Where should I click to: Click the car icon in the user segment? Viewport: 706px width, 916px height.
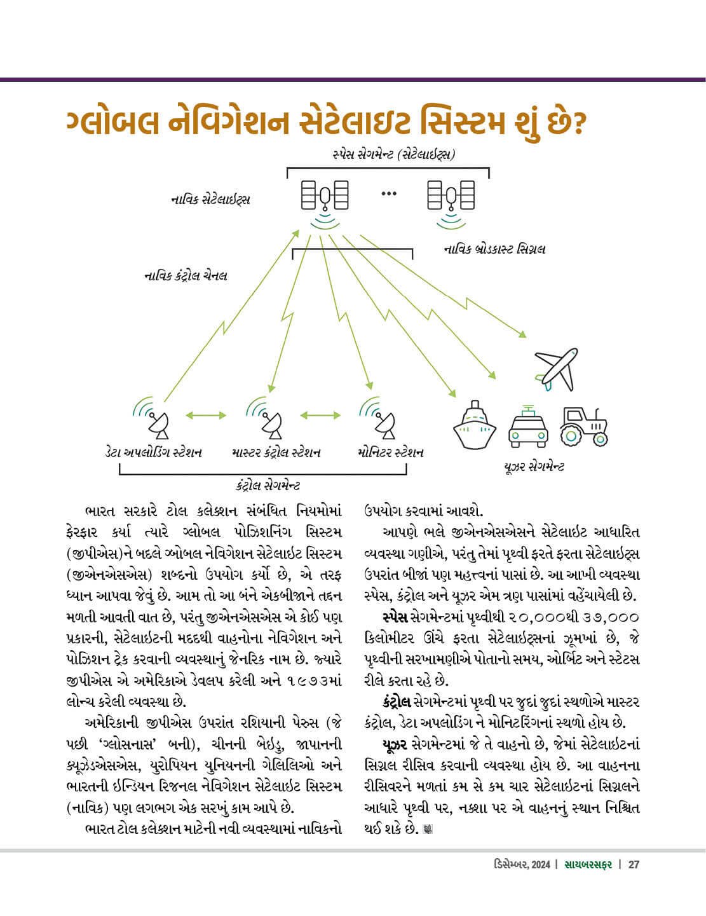[x=528, y=424]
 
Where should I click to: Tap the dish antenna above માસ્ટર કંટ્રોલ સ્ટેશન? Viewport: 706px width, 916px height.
[x=269, y=420]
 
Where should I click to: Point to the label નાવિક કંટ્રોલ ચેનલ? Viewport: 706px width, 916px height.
[x=186, y=276]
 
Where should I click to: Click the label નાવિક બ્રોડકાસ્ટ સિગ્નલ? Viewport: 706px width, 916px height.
[x=494, y=249]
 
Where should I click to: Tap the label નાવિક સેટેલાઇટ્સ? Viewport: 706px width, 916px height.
[x=210, y=200]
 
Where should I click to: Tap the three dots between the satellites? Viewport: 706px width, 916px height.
[x=389, y=193]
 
